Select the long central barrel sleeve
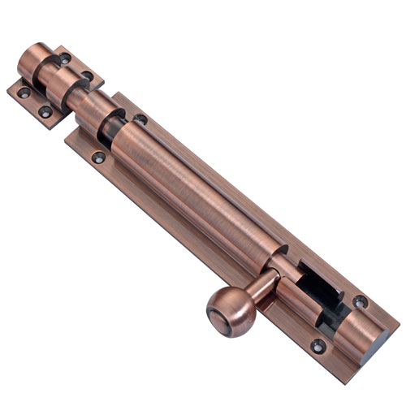tap(195, 195)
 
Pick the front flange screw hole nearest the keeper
tap(98, 157)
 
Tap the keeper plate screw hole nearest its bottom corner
tap(45, 111)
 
